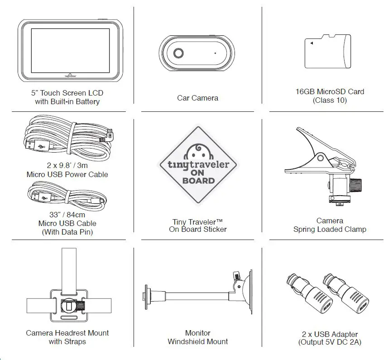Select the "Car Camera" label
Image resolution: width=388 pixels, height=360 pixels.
[197, 98]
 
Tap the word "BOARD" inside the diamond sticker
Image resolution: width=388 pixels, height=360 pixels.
[198, 180]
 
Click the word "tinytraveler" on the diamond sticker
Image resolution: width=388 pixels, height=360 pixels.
[198, 164]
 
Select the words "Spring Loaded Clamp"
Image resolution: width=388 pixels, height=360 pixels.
[330, 229]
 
